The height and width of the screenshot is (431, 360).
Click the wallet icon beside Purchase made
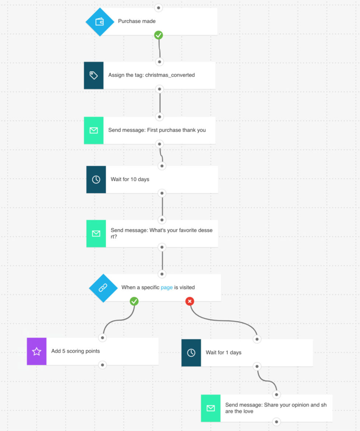[99, 22]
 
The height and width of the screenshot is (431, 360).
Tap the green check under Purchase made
[158, 35]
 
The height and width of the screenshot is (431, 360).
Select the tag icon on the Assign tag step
[93, 75]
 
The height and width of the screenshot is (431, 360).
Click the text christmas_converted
[170, 75]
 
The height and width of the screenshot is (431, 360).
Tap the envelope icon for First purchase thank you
[93, 130]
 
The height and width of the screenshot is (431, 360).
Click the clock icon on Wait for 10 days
[96, 179]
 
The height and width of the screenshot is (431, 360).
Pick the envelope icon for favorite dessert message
[96, 234]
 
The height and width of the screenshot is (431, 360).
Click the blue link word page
[166, 288]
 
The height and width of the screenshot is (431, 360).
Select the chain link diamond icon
[103, 288]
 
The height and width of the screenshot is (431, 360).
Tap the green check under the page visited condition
[134, 302]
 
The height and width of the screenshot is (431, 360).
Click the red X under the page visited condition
[190, 302]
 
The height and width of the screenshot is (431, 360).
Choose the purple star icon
[36, 351]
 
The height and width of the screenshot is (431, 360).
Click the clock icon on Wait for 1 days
[191, 353]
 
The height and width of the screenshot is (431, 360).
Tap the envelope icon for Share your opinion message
[211, 408]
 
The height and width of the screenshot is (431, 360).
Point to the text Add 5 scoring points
[75, 351]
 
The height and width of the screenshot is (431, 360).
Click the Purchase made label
[137, 21]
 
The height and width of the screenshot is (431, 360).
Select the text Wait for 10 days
[130, 179]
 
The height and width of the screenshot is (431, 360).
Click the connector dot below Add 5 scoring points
[103, 365]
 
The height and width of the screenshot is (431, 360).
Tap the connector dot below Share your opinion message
[276, 421]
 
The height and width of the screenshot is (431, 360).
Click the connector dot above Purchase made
[158, 7]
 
